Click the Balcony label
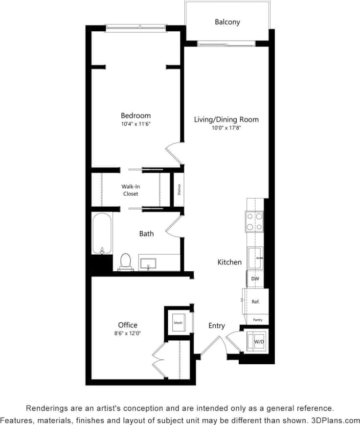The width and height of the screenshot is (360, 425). click(227, 22)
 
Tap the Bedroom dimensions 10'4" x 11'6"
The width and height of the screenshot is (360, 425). click(135, 125)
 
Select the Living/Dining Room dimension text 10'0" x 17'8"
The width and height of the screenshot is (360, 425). click(226, 128)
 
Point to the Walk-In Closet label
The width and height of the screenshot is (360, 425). click(130, 190)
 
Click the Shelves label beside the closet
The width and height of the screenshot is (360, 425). click(180, 189)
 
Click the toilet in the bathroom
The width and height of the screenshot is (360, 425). click(126, 262)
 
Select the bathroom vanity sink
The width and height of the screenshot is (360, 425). click(148, 263)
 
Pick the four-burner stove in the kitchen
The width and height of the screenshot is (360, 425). click(254, 221)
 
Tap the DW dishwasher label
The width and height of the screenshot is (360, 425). click(255, 279)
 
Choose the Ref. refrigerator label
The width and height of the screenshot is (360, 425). click(255, 302)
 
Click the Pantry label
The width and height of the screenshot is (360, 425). click(258, 320)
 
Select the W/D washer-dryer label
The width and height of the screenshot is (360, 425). click(258, 342)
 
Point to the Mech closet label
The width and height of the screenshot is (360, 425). click(178, 323)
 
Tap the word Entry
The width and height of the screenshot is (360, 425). click(217, 326)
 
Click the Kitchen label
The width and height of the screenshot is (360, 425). click(229, 262)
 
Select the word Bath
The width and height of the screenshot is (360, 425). click(146, 234)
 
